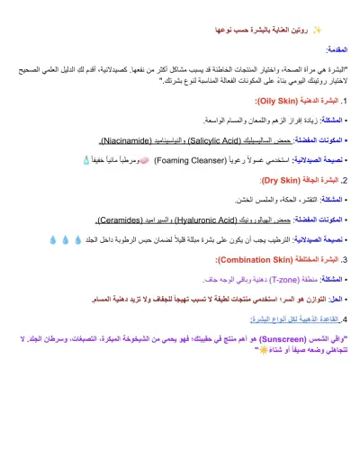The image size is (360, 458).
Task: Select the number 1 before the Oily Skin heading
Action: [x=344, y=103]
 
